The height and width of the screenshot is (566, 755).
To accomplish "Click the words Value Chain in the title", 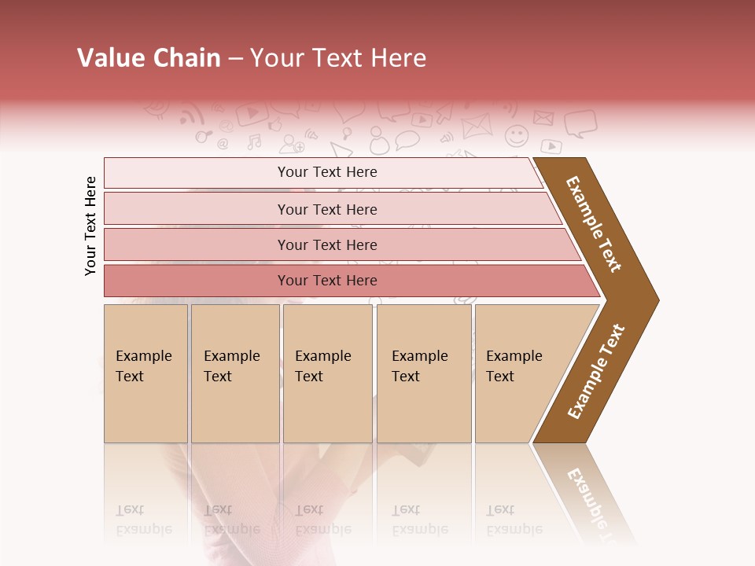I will pyautogui.click(x=149, y=58).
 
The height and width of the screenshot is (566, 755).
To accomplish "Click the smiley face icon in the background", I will pyautogui.click(x=517, y=136).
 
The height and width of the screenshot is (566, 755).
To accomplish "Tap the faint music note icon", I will pyautogui.click(x=254, y=141).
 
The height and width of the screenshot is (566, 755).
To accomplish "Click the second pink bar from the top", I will pyautogui.click(x=327, y=209).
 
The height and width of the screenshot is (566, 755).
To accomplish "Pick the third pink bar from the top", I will pyautogui.click(x=327, y=244).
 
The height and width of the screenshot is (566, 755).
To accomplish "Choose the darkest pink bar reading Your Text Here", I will pyautogui.click(x=327, y=281).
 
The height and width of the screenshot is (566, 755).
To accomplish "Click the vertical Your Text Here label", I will pyautogui.click(x=90, y=226).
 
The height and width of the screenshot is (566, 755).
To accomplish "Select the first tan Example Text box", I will pyautogui.click(x=145, y=373).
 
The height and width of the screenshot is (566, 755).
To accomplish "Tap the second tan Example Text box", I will pyautogui.click(x=234, y=373).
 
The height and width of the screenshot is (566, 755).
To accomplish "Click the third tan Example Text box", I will pyautogui.click(x=327, y=373).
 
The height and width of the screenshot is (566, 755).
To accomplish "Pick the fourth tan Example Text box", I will pyautogui.click(x=423, y=373).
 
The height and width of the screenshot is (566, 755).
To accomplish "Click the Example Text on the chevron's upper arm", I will pyautogui.click(x=594, y=224).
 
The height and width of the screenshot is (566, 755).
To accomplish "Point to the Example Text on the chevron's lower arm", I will pyautogui.click(x=596, y=371).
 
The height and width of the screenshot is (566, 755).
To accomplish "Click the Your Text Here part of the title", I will pyautogui.click(x=338, y=58).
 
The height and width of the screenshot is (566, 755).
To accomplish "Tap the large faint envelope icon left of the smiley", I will pyautogui.click(x=476, y=125).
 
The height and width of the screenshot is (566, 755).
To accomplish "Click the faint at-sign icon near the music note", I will pyautogui.click(x=223, y=144).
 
